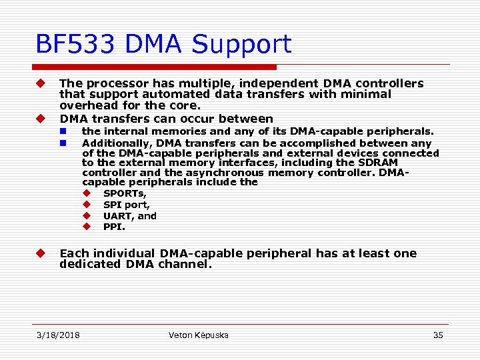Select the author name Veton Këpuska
pyautogui.click(x=199, y=335)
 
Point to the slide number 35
pyautogui.click(x=438, y=335)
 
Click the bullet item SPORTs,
pyautogui.click(x=125, y=193)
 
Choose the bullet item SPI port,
pyautogui.click(x=127, y=205)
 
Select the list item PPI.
pyautogui.click(x=114, y=227)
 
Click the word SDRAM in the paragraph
pyautogui.click(x=378, y=163)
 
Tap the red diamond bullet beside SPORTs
pyautogui.click(x=87, y=193)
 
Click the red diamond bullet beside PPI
pyautogui.click(x=87, y=227)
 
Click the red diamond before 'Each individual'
pyautogui.click(x=41, y=253)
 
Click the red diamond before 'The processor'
pyautogui.click(x=41, y=83)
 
